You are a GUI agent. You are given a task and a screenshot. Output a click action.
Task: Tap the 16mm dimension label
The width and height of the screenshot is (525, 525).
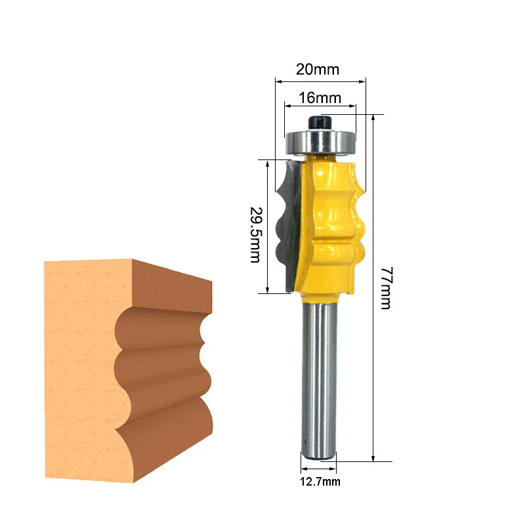point(320,98)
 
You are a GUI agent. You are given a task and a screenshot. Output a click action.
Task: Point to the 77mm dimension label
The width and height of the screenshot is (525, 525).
point(385,288)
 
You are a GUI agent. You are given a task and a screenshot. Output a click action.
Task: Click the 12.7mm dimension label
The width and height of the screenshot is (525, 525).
point(319,482)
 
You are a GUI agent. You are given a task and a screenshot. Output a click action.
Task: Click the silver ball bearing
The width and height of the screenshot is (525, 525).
point(320,140)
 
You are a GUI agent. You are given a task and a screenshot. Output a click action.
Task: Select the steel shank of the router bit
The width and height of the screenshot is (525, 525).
point(319,381)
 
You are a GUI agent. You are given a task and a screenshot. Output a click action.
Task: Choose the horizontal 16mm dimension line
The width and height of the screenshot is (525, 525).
point(320,105)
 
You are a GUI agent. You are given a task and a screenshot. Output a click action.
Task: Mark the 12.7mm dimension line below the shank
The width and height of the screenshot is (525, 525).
point(319,470)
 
